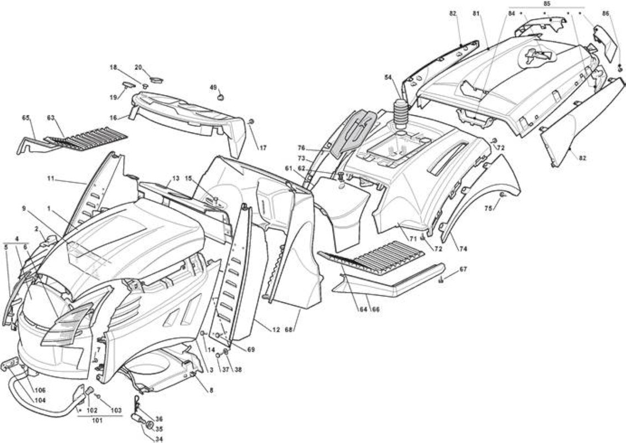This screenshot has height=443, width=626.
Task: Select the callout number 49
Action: point(213,87)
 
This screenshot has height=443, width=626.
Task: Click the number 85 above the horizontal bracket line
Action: point(547,3)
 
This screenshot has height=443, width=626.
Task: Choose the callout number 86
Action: point(606,13)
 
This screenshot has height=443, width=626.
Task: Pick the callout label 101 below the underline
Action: point(96,421)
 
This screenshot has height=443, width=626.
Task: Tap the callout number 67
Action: point(463,269)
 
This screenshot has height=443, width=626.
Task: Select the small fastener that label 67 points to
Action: point(441,280)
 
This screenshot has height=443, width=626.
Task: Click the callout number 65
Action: point(26,118)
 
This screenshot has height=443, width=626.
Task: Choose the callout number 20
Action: point(138,68)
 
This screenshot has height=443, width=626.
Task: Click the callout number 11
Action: point(50,178)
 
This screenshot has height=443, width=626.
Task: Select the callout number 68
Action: point(289,329)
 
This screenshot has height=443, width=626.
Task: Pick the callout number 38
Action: point(238,369)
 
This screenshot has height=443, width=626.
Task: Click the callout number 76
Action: point(301,148)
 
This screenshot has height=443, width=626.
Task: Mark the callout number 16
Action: point(114,118)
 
